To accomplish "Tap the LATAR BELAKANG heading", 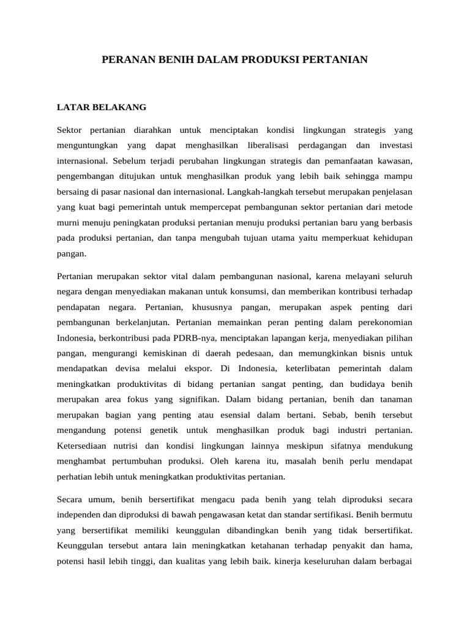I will [x=102, y=107].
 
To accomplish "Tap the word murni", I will [x=70, y=222].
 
